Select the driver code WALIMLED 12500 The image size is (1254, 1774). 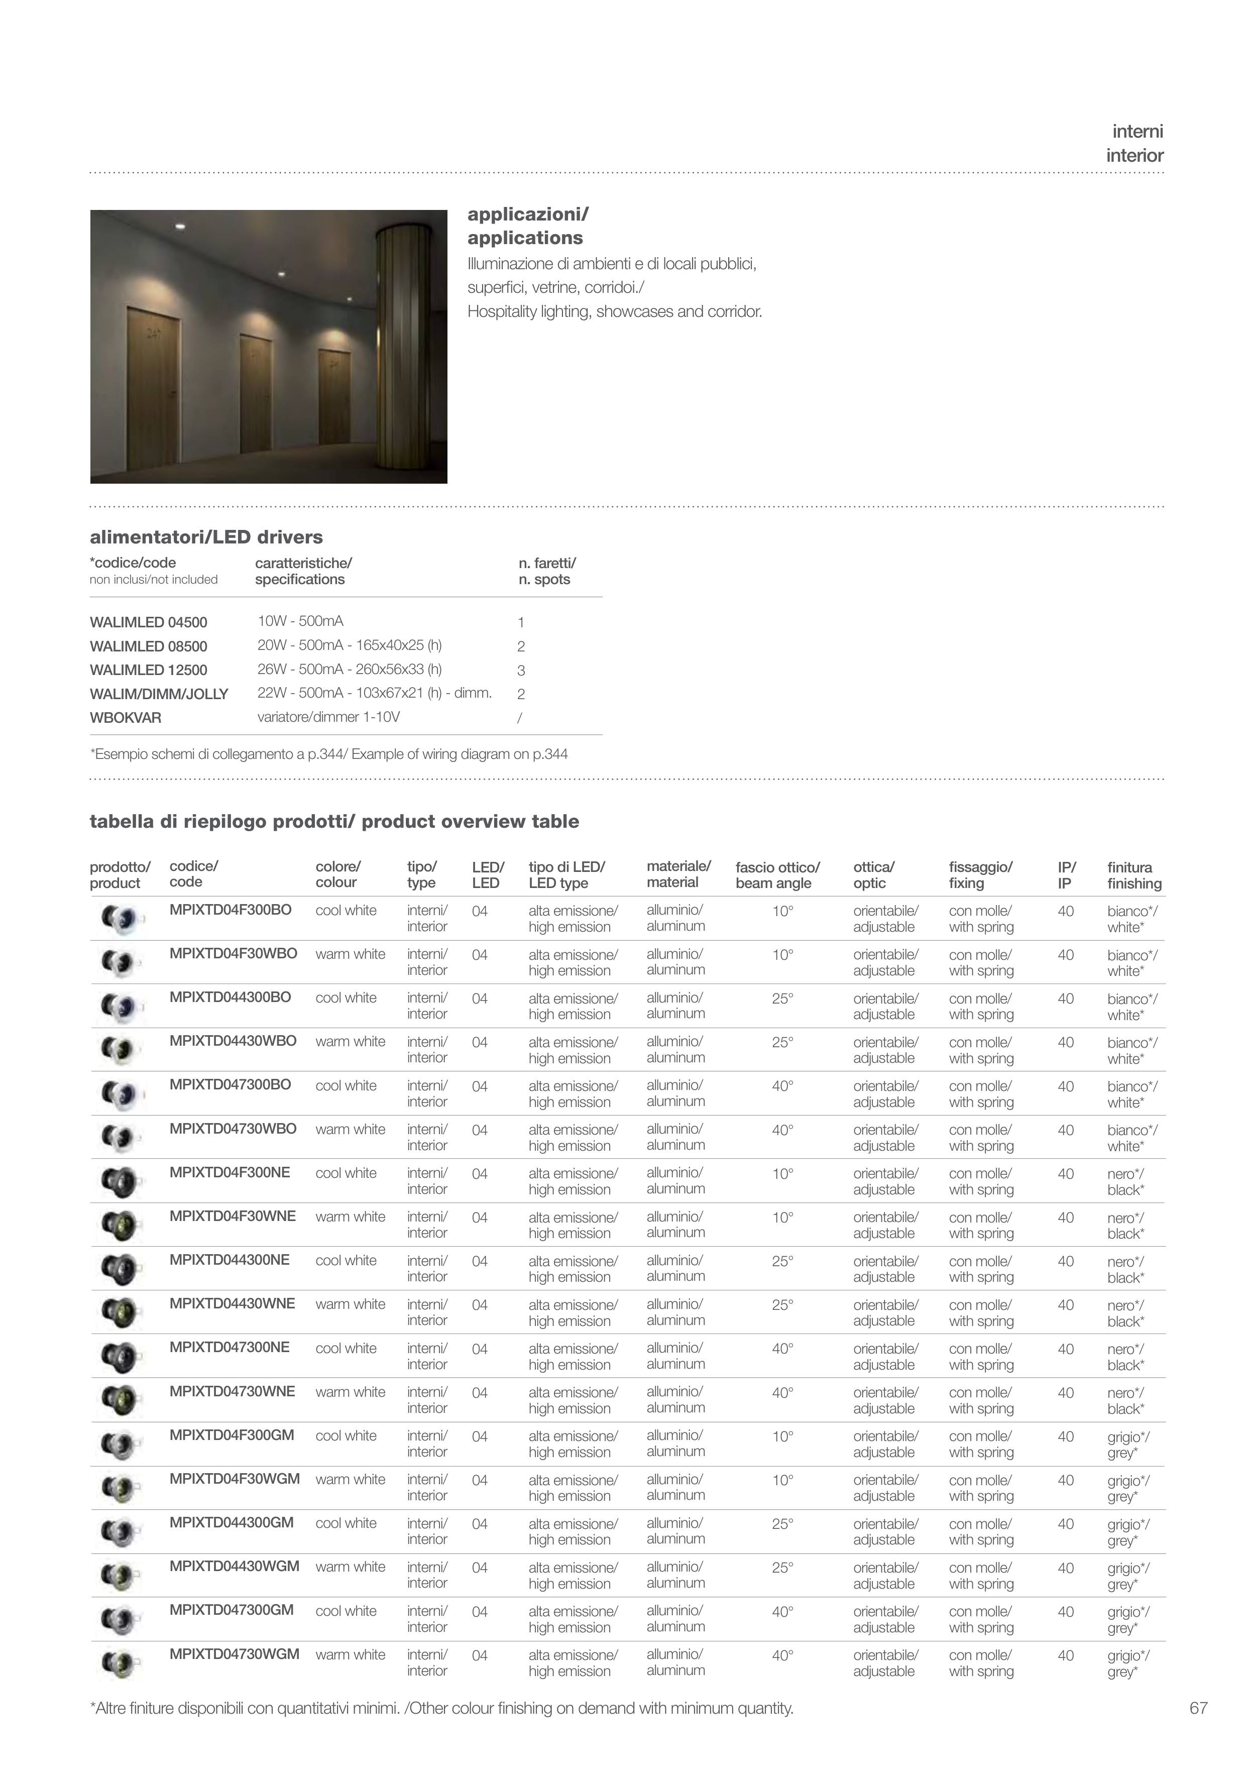(148, 670)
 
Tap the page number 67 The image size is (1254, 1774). (1198, 1708)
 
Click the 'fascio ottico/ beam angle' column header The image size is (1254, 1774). (777, 875)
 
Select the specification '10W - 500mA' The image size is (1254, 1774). (300, 621)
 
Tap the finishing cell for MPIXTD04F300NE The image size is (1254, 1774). (1126, 1181)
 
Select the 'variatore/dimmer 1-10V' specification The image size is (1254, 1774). (328, 717)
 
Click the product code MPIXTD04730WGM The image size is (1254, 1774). (234, 1654)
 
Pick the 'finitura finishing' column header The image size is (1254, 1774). (1133, 875)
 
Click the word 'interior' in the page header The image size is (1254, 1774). (1134, 156)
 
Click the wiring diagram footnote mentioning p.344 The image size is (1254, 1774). (329, 754)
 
